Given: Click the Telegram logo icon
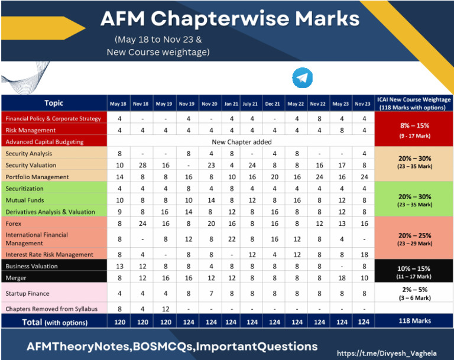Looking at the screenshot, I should pyautogui.click(x=302, y=78).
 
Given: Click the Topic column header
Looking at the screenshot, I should pyautogui.click(x=54, y=103).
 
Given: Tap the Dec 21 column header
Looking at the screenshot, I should pyautogui.click(x=273, y=104).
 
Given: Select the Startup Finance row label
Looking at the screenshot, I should pyautogui.click(x=27, y=293).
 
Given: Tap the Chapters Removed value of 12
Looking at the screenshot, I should pyautogui.click(x=164, y=309).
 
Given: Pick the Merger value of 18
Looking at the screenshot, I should pyautogui.click(x=341, y=278).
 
